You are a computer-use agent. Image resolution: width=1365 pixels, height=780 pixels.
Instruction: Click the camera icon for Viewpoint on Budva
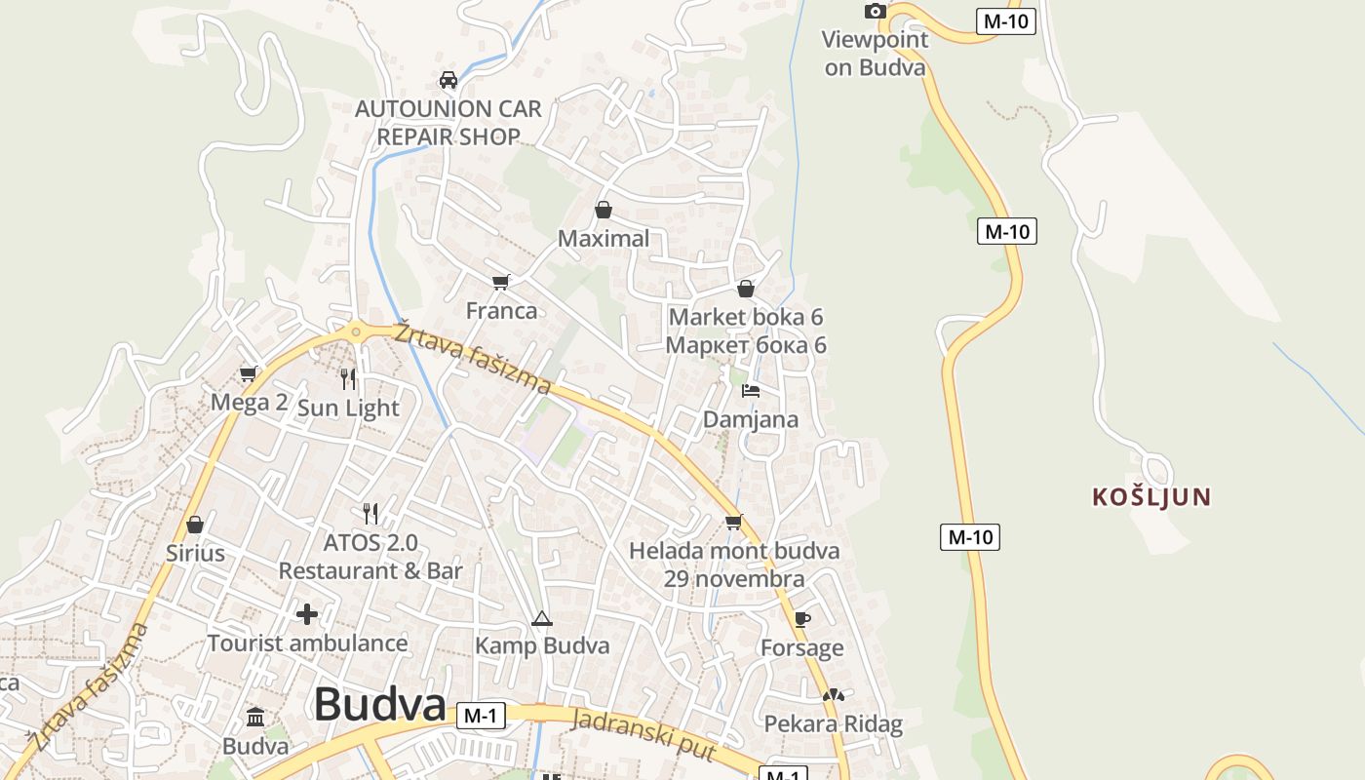pos(876,11)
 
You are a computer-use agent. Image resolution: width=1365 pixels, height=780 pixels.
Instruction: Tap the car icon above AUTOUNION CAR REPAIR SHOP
pos(448,80)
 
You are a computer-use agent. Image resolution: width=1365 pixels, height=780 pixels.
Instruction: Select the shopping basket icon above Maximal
pos(604,210)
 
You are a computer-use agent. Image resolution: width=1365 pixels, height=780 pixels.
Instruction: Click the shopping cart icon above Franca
pos(501,282)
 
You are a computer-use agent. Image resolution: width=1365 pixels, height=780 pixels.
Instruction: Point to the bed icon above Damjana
pos(750,391)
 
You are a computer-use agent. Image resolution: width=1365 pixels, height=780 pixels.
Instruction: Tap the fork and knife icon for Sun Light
pos(348,378)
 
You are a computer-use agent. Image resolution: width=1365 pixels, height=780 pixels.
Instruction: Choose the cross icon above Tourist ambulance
pos(307,614)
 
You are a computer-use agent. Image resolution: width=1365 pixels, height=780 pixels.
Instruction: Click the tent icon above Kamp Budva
pos(542,618)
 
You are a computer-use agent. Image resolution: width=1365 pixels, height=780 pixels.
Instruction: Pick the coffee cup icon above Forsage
pos(801,619)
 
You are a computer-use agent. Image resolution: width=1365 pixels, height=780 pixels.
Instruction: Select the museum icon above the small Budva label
pos(255,718)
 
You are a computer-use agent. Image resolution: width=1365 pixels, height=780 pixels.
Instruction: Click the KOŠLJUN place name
pos(1151,497)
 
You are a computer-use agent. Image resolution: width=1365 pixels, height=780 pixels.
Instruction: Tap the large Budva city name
pos(379,705)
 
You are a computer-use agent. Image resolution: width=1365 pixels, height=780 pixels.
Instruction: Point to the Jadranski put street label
pos(644,735)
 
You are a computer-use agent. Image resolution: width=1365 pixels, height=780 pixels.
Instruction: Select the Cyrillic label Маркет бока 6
pos(746,345)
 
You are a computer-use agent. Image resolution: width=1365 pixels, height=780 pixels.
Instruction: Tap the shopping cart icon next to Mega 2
pos(249,373)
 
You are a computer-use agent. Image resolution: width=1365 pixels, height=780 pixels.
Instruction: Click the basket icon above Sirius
pos(195,525)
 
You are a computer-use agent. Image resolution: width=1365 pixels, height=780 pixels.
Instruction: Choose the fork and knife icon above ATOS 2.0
pos(370,513)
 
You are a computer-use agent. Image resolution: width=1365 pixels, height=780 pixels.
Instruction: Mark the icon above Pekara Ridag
pos(832,695)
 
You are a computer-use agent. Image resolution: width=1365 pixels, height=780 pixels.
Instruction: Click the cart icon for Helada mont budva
pos(734,522)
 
